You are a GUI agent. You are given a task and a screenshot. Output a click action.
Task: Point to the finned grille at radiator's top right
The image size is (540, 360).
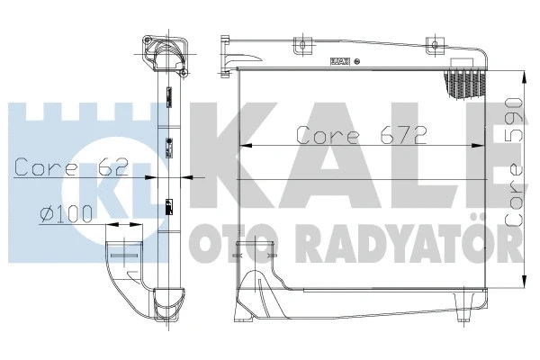tap(463, 84)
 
